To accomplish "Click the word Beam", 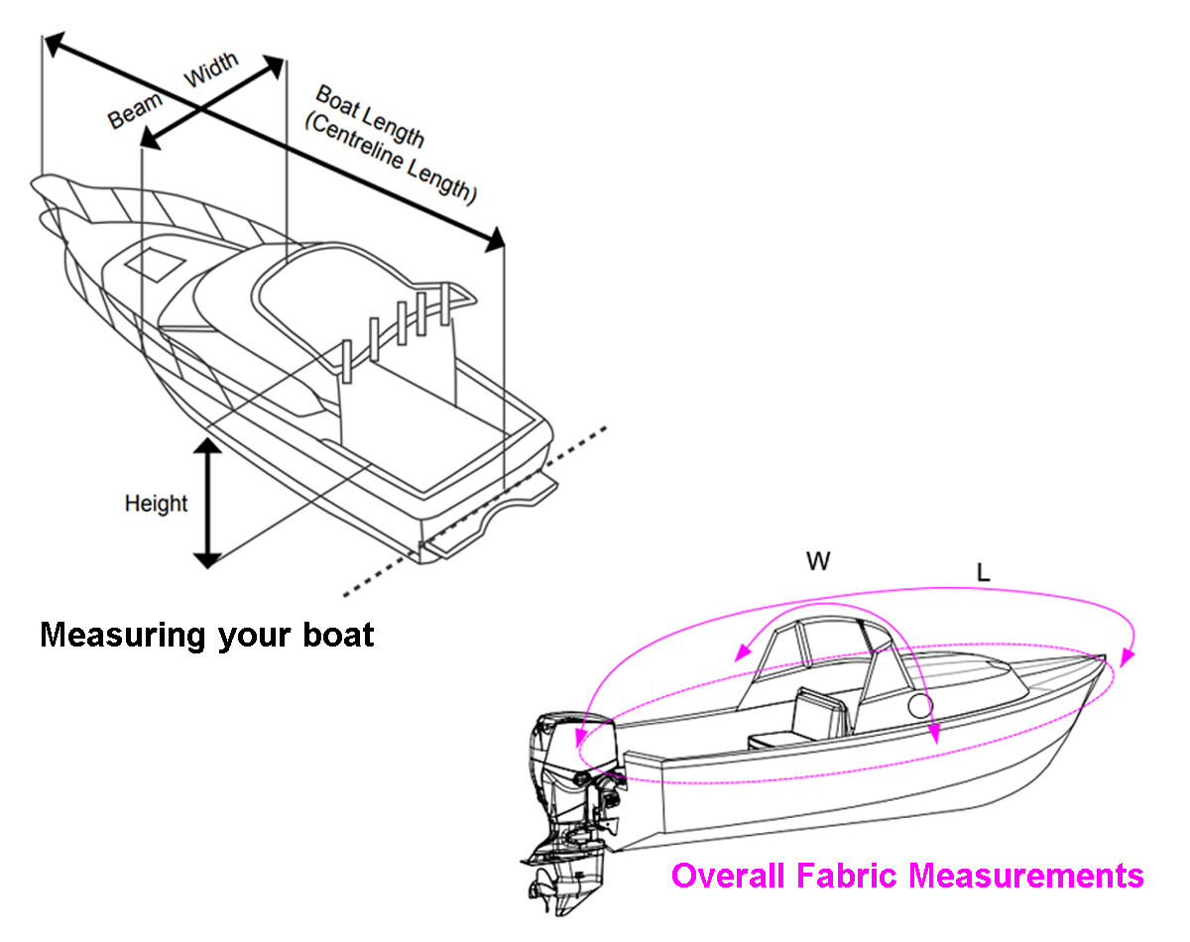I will (135, 110).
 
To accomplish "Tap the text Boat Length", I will (369, 116).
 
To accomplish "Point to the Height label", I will (156, 504).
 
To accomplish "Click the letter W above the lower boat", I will (818, 562).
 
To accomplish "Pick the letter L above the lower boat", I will (983, 573).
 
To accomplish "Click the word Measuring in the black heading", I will (122, 635).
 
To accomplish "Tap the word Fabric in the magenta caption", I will (849, 876).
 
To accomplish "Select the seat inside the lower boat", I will (808, 719).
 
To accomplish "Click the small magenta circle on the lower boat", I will (920, 706).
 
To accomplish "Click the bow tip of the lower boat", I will (1103, 657).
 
